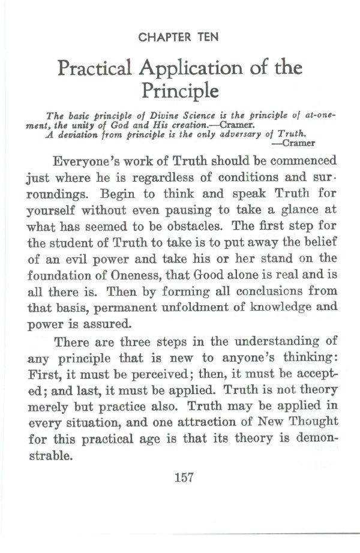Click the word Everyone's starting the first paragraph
click(x=92, y=163)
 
